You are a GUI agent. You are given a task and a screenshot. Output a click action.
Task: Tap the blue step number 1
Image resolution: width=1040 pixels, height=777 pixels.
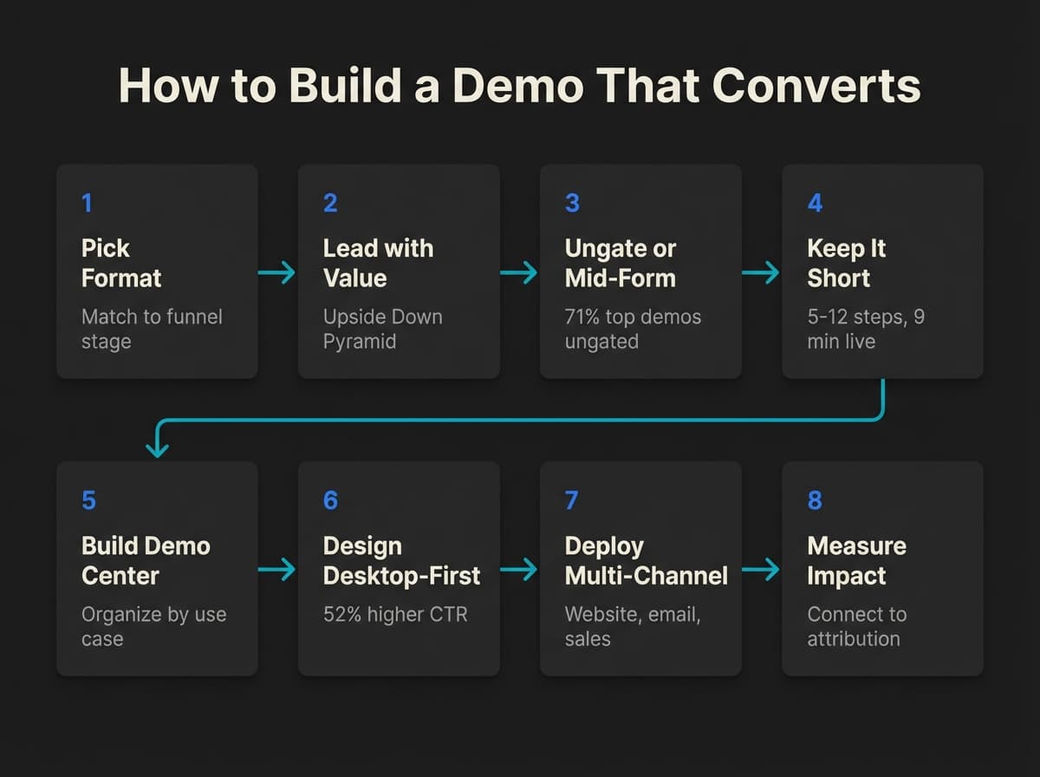click(87, 203)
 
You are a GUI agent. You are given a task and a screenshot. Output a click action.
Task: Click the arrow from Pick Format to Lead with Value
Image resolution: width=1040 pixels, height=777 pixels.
click(277, 272)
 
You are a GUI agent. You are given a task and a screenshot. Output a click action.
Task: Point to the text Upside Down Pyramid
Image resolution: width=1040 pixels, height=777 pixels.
click(382, 329)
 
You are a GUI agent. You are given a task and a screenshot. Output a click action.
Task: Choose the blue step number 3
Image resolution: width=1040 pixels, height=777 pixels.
click(571, 203)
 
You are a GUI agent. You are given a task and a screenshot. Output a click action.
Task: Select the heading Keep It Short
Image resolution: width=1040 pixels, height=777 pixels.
click(846, 263)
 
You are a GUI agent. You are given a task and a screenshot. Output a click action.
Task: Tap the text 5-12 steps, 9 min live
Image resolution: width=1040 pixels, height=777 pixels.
click(865, 329)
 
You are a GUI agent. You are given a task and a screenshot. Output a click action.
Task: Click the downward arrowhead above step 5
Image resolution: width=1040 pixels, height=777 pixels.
click(157, 449)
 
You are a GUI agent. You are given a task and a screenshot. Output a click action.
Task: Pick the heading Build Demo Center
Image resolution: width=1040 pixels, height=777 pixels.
click(146, 560)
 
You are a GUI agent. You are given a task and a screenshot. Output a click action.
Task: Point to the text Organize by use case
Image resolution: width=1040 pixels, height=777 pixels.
click(153, 626)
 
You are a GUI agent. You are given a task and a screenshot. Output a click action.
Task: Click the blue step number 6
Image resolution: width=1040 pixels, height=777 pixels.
click(330, 500)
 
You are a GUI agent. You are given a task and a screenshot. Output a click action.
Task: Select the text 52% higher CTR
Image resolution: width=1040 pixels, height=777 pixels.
click(394, 614)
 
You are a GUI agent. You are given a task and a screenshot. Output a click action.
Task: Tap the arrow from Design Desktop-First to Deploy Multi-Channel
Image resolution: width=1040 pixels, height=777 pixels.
click(519, 570)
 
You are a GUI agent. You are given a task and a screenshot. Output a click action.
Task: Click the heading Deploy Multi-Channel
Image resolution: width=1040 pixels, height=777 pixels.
click(646, 560)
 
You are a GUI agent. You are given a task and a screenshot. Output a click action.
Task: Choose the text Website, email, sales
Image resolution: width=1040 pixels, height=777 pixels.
click(633, 626)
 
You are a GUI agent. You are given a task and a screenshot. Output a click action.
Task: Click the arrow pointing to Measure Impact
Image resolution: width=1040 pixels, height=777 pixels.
click(761, 570)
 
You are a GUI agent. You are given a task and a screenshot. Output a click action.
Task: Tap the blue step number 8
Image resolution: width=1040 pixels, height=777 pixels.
click(814, 500)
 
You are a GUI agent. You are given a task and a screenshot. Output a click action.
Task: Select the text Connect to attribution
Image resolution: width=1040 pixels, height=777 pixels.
click(856, 626)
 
